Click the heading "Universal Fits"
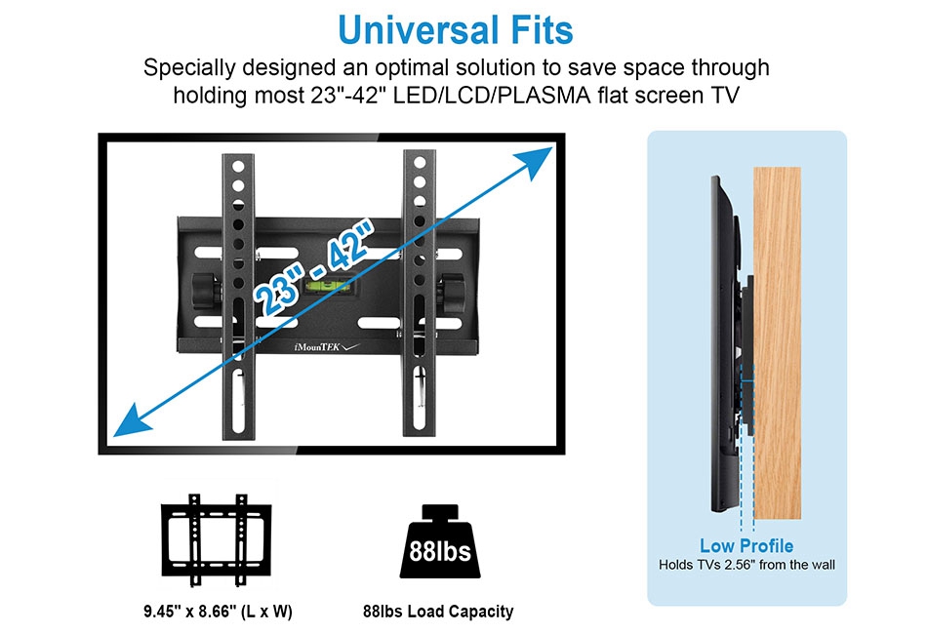click(456, 29)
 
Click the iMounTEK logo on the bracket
click(326, 347)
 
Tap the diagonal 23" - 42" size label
click(313, 267)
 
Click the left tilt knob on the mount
click(205, 291)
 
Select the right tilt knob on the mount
click(453, 294)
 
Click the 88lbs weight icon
click(440, 541)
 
